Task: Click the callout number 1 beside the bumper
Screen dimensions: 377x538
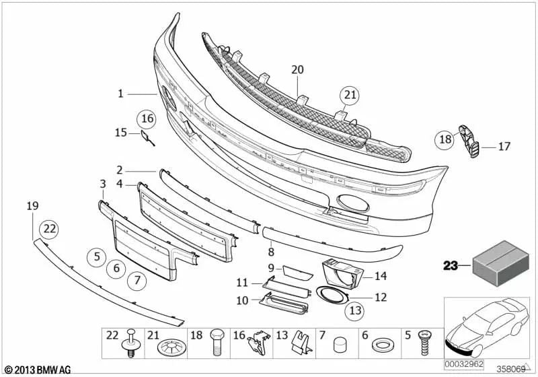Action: pyautogui.click(x=121, y=94)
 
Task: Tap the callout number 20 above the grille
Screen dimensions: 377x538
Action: pyautogui.click(x=297, y=69)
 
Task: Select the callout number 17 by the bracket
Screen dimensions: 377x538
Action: pyautogui.click(x=504, y=146)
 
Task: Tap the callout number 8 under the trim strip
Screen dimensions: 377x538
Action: pyautogui.click(x=271, y=252)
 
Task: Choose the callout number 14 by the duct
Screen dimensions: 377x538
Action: pyautogui.click(x=381, y=275)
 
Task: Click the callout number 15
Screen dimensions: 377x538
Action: pyautogui.click(x=120, y=133)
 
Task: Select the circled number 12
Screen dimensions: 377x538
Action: pyautogui.click(x=381, y=296)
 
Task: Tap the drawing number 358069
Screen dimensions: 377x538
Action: pyautogui.click(x=511, y=370)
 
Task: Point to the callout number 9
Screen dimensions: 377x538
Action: pyautogui.click(x=271, y=267)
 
